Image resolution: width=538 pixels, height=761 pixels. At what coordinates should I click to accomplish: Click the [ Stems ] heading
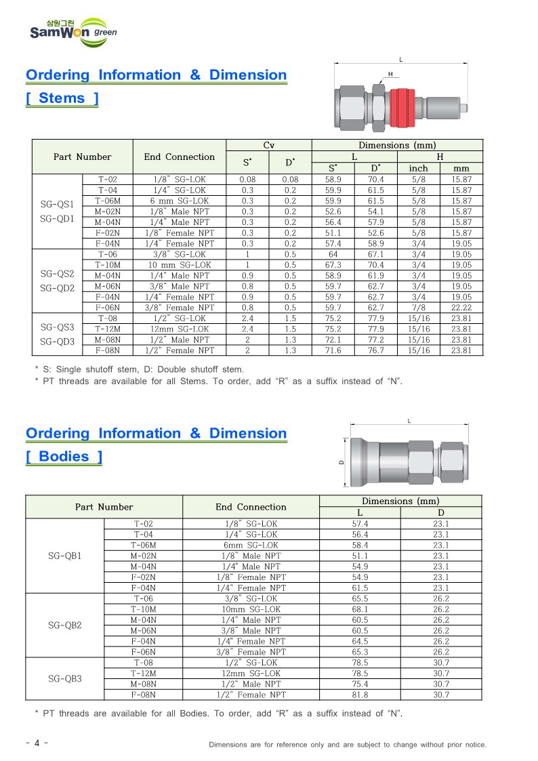62,98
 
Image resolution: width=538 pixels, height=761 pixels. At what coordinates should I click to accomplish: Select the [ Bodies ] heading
64,457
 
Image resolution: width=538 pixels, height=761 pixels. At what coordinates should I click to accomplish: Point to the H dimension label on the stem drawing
390,73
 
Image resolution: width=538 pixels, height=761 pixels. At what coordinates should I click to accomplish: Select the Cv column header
268,145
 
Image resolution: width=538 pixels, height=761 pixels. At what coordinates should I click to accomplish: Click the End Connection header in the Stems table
179,157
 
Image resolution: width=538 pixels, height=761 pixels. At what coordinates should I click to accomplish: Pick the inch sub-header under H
418,168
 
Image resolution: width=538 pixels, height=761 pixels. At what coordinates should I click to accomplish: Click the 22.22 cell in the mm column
461,308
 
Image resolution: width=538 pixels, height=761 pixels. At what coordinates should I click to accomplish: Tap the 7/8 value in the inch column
418,308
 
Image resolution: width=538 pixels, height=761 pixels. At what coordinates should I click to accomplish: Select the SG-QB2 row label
65,625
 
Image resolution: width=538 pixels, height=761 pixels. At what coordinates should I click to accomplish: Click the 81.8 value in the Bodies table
360,695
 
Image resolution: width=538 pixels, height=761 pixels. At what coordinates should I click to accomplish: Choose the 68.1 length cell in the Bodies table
360,609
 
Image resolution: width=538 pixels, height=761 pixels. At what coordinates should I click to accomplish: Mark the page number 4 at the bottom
36,743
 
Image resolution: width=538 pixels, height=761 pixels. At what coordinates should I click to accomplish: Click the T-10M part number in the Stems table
107,265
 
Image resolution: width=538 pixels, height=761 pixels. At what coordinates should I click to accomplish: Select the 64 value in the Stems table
333,254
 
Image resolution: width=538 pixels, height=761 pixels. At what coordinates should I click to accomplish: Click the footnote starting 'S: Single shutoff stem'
139,369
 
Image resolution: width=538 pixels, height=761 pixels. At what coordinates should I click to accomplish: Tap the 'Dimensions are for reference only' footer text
347,745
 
